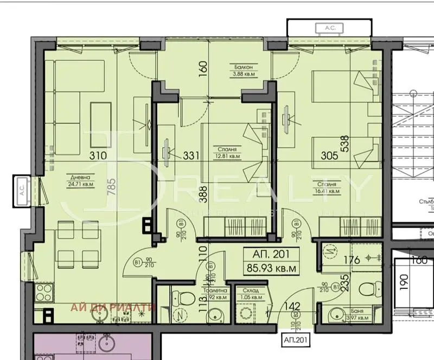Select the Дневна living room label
coord(78,177)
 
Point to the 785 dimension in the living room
coord(113,186)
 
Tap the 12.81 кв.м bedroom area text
coord(227,155)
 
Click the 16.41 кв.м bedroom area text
coord(325,191)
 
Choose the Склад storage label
coord(249,290)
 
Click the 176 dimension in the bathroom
coord(352,260)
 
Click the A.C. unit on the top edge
coord(329,27)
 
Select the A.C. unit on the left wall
coord(22,191)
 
